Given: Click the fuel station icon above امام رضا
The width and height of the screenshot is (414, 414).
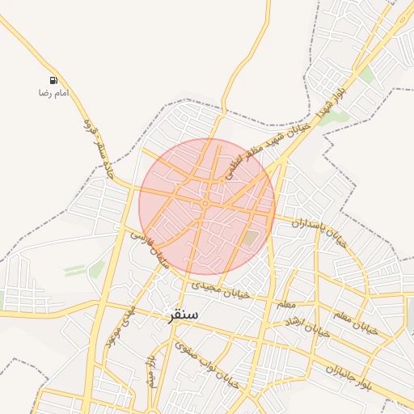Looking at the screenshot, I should point(53,81).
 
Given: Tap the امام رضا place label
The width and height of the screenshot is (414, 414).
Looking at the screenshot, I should point(53,94).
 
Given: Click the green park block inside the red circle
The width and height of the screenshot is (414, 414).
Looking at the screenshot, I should point(251,239).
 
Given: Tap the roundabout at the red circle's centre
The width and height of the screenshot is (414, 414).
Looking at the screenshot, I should point(208,201).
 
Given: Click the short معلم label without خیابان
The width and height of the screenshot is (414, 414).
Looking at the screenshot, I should point(285,304).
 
